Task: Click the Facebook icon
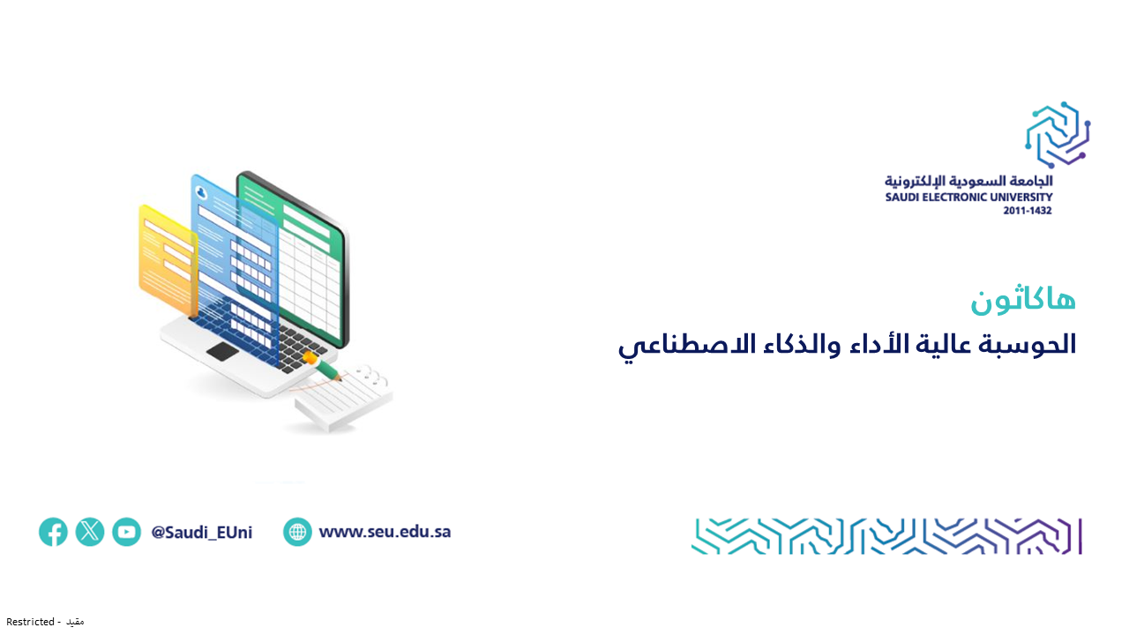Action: coord(54,532)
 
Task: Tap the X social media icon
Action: coord(90,532)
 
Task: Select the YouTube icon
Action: coord(126,532)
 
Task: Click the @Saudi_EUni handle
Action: coord(202,532)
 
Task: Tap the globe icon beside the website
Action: coord(297,532)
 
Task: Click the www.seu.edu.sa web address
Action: coord(385,532)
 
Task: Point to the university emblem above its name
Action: coord(1058,135)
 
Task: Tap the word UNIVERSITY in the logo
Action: coord(1019,197)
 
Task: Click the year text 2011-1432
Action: coord(1028,211)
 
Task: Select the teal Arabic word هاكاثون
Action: coord(1023,301)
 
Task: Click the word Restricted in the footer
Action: coord(30,622)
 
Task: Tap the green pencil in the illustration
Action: coord(323,367)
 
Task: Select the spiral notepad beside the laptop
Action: coord(344,397)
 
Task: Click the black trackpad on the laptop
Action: coord(222,351)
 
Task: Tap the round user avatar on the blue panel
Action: coord(202,193)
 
